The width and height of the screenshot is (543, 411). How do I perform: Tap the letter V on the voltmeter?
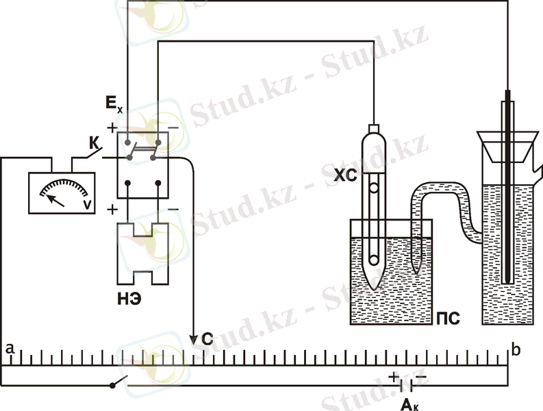coord(88,205)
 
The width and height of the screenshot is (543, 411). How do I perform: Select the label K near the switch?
coord(94,142)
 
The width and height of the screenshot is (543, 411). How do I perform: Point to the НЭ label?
coord(129,299)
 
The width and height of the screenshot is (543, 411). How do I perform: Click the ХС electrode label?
coord(345,176)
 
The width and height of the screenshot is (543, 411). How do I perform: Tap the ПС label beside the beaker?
coord(448,318)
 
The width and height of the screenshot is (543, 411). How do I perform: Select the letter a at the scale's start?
coord(10,348)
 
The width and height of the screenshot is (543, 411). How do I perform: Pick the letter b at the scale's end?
coord(516,350)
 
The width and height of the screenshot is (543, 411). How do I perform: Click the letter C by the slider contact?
coord(207,339)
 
